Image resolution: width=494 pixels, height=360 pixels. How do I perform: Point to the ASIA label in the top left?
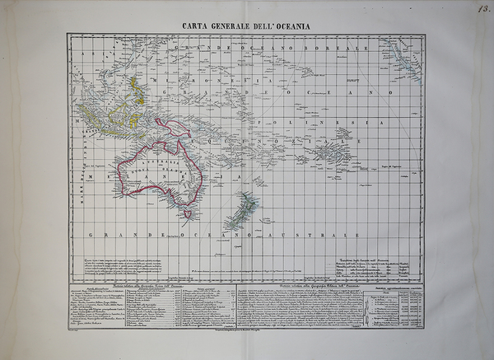click(83, 52)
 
